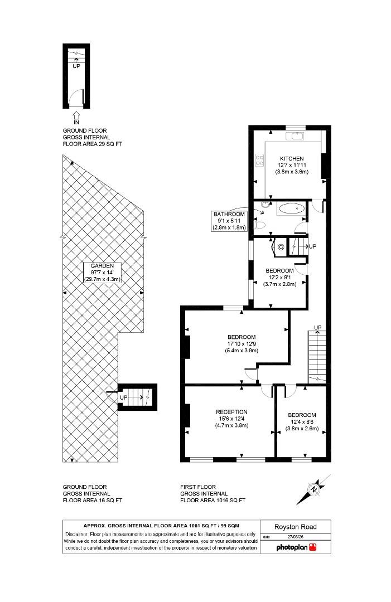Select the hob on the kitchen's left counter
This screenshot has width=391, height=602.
coord(259,161)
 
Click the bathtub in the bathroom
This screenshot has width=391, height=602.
coord(291,210)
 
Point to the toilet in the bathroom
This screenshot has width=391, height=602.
coord(259,225)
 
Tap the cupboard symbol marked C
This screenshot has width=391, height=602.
coord(281,246)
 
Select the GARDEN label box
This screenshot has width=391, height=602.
coord(102,272)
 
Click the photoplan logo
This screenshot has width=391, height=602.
coord(297,547)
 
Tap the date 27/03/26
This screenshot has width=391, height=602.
coord(296,537)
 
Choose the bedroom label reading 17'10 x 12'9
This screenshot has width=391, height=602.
coord(242,344)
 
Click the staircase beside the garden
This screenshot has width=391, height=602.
coord(138,397)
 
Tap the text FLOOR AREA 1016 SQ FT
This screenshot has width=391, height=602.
coord(213,501)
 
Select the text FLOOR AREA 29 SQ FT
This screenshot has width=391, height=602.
coord(92,144)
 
